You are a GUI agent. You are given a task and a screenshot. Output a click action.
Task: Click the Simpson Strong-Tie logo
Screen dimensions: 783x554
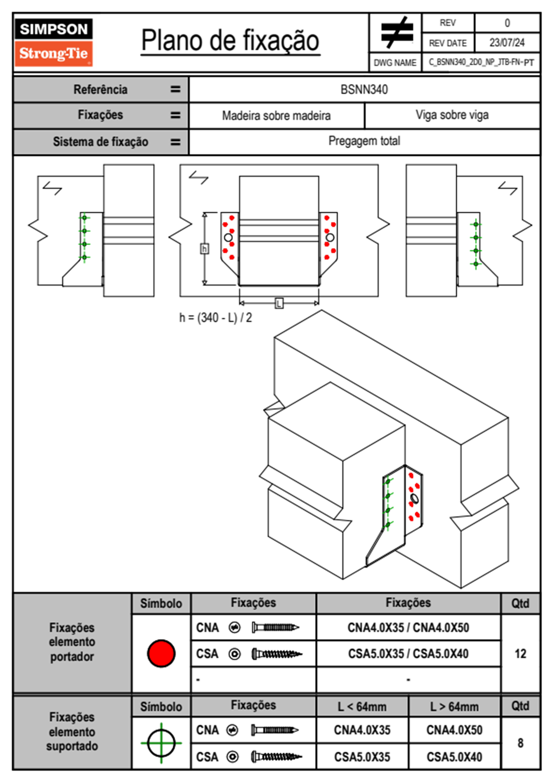[54, 42]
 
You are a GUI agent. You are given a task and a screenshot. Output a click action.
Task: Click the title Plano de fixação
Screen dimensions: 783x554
[230, 40]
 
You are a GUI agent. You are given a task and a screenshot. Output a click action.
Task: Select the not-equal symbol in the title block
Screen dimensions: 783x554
[396, 33]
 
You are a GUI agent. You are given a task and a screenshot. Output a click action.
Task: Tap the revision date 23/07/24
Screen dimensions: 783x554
[507, 43]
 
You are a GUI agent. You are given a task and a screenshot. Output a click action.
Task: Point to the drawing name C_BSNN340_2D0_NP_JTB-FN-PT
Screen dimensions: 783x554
[481, 62]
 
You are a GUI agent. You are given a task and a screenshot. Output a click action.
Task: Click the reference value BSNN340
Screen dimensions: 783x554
[364, 89]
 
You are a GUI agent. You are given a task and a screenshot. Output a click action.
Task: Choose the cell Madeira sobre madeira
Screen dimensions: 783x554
[276, 115]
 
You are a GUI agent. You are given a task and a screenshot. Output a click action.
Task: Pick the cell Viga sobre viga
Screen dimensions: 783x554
[452, 115]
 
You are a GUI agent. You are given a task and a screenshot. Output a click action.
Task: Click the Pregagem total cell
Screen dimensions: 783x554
[364, 141]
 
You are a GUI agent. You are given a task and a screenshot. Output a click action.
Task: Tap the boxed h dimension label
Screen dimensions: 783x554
[204, 249]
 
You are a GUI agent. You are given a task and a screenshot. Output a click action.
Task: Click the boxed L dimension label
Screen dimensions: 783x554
[279, 304]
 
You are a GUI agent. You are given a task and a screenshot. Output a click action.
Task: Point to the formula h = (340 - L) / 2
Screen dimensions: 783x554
[216, 317]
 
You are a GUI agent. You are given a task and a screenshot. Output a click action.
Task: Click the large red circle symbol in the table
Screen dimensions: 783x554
[161, 653]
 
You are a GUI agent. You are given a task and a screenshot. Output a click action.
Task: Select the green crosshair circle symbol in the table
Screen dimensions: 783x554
[161, 743]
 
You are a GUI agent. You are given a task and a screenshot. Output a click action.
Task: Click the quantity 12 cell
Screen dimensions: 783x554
[520, 654]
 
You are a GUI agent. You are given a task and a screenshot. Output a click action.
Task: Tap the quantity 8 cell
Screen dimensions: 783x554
[520, 743]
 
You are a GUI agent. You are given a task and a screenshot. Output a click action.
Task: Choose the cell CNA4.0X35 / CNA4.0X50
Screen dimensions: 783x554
[408, 628]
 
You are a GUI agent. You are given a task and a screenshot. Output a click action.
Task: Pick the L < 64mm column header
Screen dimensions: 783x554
[362, 707]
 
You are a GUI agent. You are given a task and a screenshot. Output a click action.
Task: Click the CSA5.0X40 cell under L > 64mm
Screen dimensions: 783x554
[454, 757]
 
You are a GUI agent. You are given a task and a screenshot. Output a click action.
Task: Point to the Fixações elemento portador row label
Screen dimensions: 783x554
[72, 642]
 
